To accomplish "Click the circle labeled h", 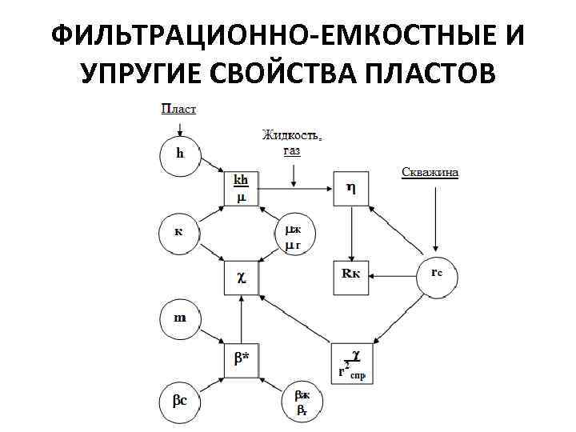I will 179,155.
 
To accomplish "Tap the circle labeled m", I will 179,318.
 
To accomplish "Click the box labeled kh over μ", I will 241,189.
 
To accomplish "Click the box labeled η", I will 350,189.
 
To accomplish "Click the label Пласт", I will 178,108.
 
